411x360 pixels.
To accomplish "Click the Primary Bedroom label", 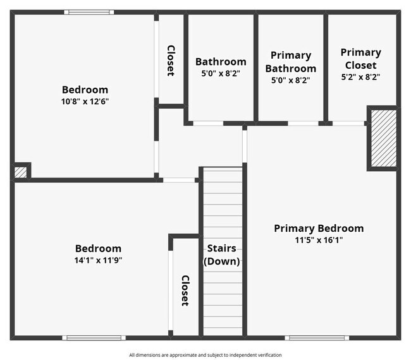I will tap(318, 228).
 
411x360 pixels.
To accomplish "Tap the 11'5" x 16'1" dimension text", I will tap(318, 240).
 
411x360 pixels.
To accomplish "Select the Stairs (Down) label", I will tap(221, 255).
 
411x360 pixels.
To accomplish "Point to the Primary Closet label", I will tap(360, 59).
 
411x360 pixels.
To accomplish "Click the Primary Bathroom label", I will tap(290, 62).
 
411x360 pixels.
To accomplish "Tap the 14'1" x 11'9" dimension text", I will tap(98, 260).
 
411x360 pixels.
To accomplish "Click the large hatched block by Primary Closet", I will tap(383, 138).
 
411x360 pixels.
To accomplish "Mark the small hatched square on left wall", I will tap(20, 171).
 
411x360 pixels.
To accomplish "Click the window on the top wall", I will tap(89, 12).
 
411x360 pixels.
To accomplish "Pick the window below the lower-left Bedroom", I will tap(93, 337).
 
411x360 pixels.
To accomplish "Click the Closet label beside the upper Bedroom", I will tap(171, 61).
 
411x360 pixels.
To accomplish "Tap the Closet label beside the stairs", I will tap(185, 291).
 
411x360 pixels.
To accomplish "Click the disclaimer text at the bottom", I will tap(205, 355).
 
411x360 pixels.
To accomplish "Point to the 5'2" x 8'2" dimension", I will tap(360, 77).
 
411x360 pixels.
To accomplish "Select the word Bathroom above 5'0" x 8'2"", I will tap(221, 62).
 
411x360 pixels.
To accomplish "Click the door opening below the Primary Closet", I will tap(348, 123).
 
